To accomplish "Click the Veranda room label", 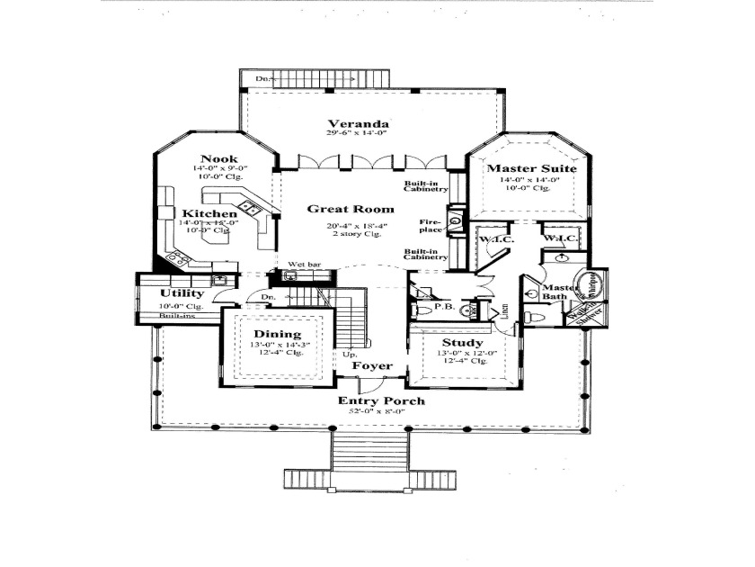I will pyautogui.click(x=358, y=123).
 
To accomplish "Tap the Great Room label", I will pyautogui.click(x=341, y=209).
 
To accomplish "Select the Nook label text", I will pyautogui.click(x=218, y=159).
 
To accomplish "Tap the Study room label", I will pyautogui.click(x=463, y=343).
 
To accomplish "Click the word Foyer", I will pyautogui.click(x=370, y=366).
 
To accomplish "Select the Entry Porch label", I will pyautogui.click(x=381, y=400).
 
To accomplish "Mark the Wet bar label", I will pyautogui.click(x=304, y=265).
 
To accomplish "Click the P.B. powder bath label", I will pyautogui.click(x=442, y=306).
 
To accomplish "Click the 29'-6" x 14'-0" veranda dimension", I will pyautogui.click(x=358, y=134).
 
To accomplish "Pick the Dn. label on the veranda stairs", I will pyautogui.click(x=263, y=79).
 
